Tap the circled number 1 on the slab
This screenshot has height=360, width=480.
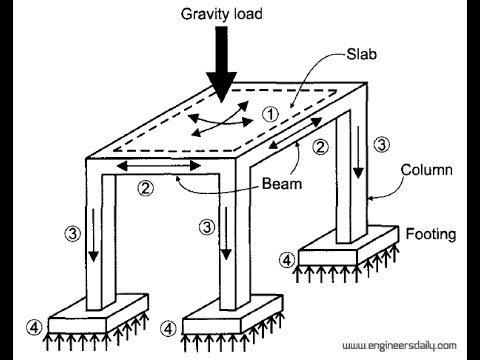click(x=270, y=113)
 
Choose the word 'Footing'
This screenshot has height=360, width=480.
click(x=430, y=235)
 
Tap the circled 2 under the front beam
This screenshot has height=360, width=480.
click(x=145, y=187)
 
